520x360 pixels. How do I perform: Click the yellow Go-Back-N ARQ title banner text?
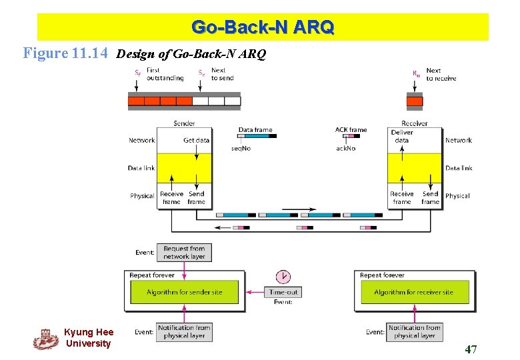(263, 27)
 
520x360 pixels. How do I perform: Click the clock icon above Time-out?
(283, 277)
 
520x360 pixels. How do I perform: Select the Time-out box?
(283, 292)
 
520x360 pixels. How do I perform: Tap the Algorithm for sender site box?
(185, 292)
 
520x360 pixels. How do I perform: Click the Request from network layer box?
(185, 252)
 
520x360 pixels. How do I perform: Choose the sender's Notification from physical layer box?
(185, 331)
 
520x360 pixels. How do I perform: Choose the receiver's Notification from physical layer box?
(415, 331)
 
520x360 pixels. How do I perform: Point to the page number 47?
(471, 349)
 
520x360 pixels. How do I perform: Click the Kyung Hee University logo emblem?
(45, 339)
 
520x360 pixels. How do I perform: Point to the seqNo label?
(241, 148)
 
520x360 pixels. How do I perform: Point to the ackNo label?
(345, 148)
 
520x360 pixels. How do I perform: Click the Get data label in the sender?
(196, 140)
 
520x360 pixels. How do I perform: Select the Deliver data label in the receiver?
(402, 136)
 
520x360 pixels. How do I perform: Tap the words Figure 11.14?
(65, 53)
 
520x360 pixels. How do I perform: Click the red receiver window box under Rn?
(415, 101)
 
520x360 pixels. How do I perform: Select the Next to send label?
(222, 74)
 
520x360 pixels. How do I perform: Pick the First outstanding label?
(165, 74)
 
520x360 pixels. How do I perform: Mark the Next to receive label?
(441, 74)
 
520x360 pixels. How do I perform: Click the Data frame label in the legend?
(255, 130)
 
